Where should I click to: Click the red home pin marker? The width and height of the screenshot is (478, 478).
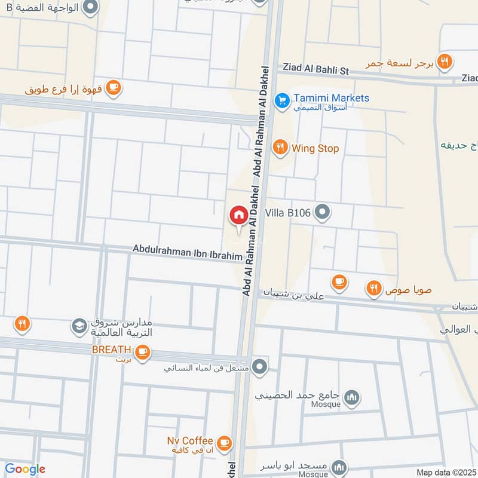click(x=238, y=215)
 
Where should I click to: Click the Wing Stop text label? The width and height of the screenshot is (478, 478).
click(x=315, y=148)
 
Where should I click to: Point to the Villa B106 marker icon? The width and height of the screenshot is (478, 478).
click(x=323, y=212)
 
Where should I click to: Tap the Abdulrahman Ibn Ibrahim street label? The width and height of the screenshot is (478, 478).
click(x=187, y=251)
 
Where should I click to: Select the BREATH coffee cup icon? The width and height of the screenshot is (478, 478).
click(x=142, y=353)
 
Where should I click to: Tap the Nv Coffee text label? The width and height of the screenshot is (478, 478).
click(x=190, y=441)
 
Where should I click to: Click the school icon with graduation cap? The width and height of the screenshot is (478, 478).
click(x=78, y=326)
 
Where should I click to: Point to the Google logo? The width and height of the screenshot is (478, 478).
click(x=24, y=469)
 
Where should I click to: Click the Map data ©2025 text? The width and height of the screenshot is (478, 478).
click(x=446, y=472)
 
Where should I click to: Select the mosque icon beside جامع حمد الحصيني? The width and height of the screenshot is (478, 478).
click(x=353, y=396)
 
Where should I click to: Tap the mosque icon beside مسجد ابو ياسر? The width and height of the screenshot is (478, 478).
click(x=339, y=467)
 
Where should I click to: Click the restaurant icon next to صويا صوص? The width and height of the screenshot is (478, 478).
click(x=374, y=289)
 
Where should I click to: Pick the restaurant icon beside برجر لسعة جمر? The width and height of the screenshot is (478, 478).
click(x=444, y=60)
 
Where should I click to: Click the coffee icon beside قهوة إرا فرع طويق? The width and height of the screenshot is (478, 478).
click(x=113, y=88)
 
